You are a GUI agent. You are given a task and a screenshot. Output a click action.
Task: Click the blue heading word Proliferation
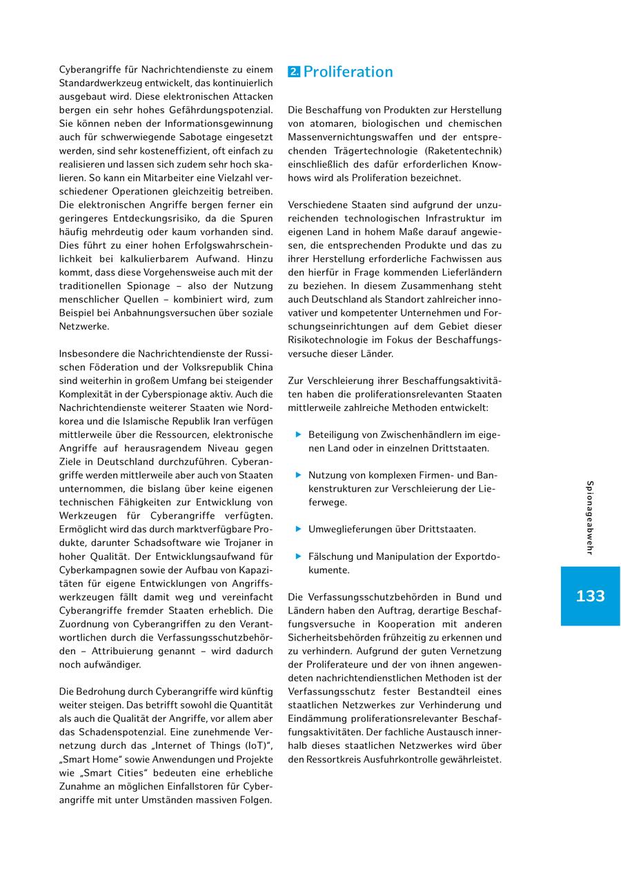[x=348, y=72]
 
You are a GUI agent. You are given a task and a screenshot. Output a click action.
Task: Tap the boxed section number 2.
[x=294, y=72]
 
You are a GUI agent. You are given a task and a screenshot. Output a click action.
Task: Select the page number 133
[x=590, y=596]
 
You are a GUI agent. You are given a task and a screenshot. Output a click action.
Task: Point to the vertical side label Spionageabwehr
[x=590, y=517]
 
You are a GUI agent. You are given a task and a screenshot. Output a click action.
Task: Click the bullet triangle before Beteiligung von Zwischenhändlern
[x=299, y=434]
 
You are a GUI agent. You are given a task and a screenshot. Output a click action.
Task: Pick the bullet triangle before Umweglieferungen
[x=299, y=529]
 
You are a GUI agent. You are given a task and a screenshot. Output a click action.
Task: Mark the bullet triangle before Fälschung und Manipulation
[x=299, y=556]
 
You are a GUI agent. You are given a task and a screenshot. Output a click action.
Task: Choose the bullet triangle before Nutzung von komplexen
[x=299, y=475]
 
